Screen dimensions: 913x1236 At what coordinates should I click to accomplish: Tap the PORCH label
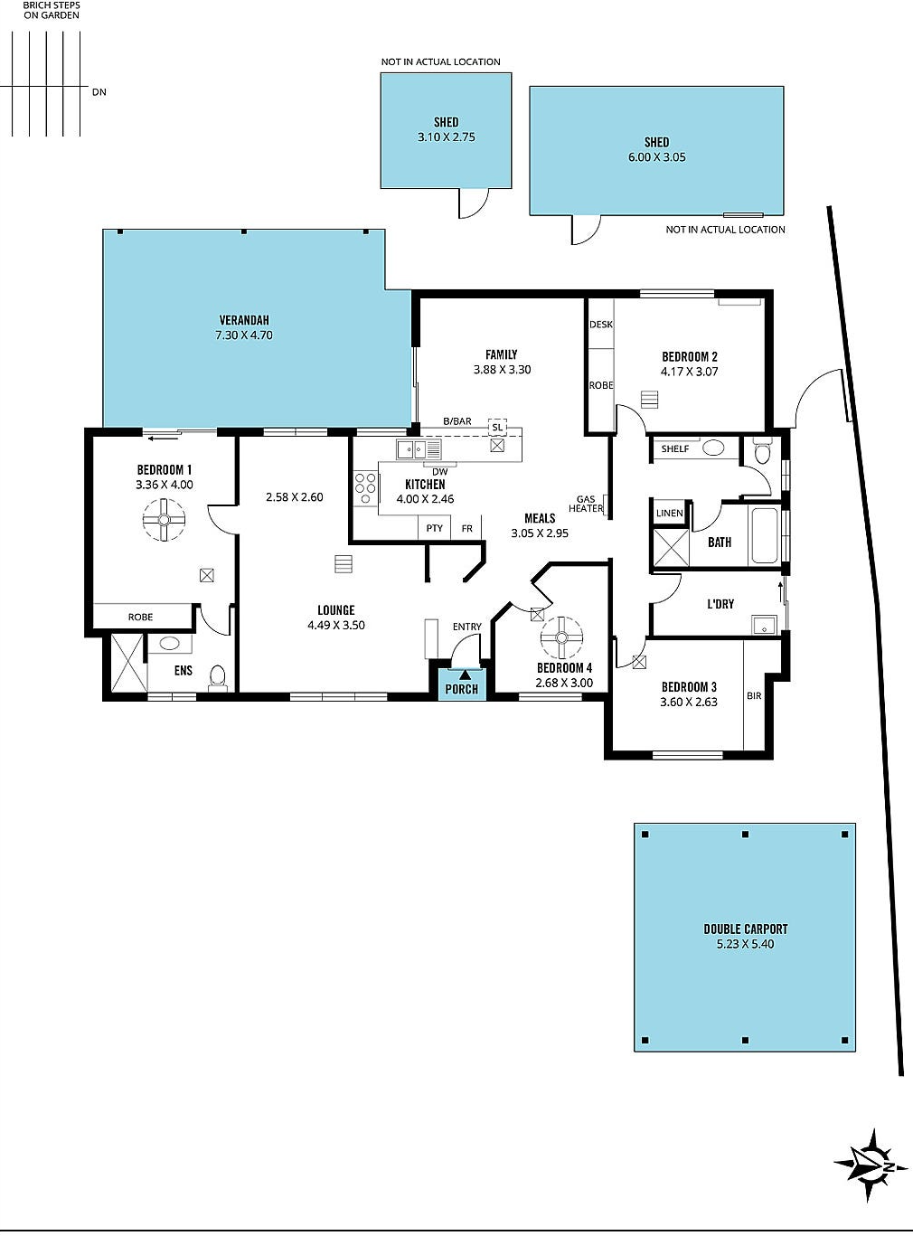click(x=462, y=689)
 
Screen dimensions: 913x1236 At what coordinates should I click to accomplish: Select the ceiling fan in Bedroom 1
click(x=164, y=519)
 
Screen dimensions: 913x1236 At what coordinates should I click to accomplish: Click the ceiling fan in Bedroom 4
click(x=562, y=637)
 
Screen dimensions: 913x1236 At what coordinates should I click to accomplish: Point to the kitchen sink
click(x=419, y=448)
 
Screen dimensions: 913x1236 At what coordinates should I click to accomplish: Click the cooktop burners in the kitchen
click(x=364, y=489)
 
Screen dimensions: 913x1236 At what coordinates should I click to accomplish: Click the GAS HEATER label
click(x=586, y=504)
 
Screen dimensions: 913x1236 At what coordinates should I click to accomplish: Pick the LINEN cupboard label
click(x=670, y=513)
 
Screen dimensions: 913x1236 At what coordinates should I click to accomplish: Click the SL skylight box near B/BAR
click(x=497, y=428)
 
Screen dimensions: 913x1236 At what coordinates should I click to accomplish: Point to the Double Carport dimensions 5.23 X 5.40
click(x=745, y=944)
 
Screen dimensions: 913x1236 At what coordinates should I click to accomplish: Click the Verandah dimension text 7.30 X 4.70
click(x=244, y=335)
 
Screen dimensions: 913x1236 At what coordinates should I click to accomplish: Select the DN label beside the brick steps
click(x=99, y=92)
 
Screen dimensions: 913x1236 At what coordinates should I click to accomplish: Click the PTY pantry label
click(x=434, y=528)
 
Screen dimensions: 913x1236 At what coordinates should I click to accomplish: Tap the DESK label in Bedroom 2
click(x=601, y=325)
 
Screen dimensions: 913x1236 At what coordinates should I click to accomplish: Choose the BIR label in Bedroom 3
click(x=754, y=695)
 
